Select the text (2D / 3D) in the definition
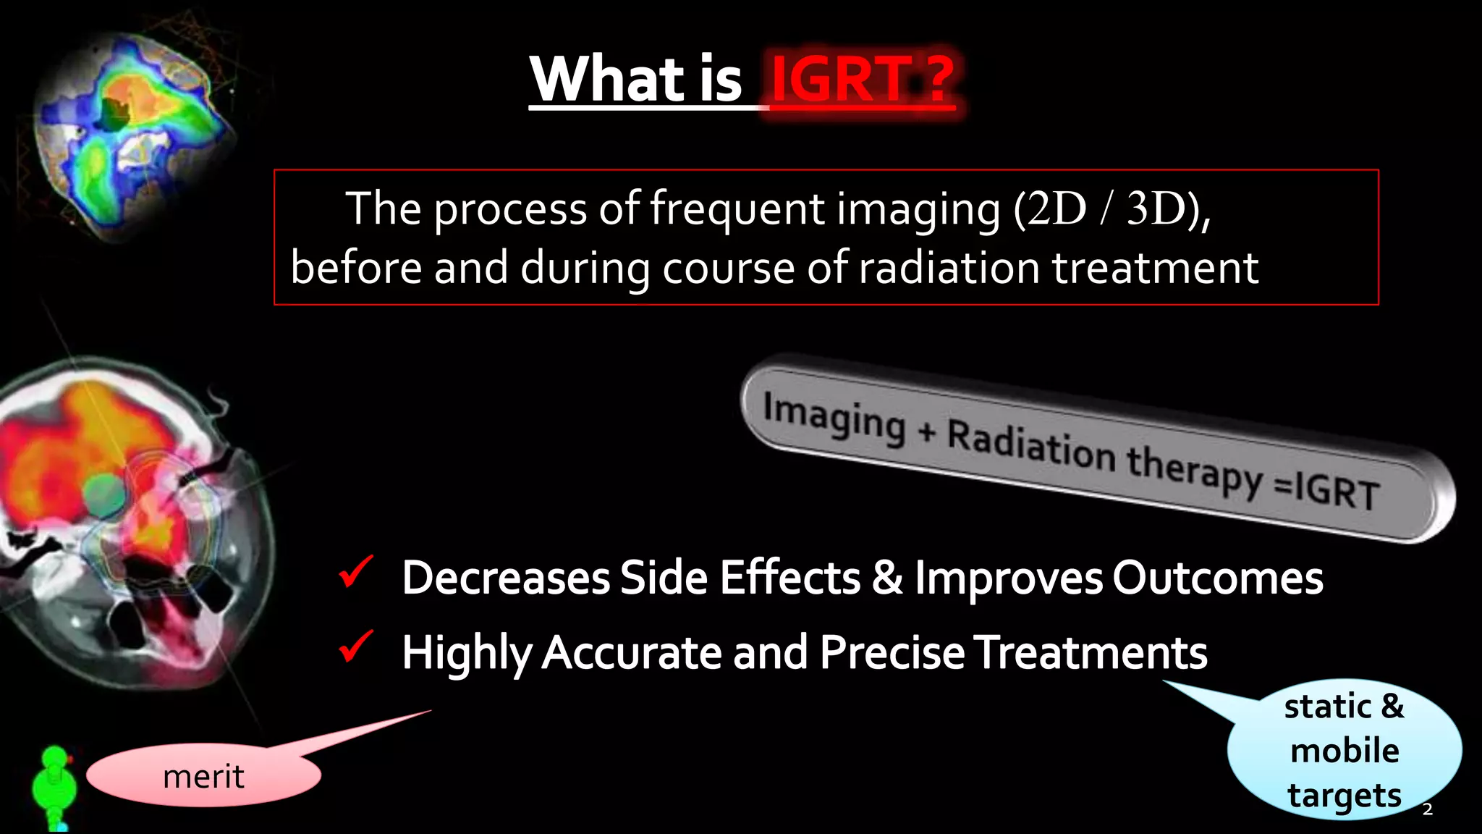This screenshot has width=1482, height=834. tap(1111, 209)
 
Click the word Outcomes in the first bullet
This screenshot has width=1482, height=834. tap(1217, 578)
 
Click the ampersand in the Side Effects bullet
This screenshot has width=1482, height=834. tap(887, 578)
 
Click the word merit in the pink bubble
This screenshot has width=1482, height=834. tap(203, 777)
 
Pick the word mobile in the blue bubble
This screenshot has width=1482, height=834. tap(1345, 751)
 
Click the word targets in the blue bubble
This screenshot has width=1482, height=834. tap(1345, 796)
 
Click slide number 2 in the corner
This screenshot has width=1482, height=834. tap(1427, 809)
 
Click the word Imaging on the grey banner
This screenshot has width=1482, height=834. tap(834, 418)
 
